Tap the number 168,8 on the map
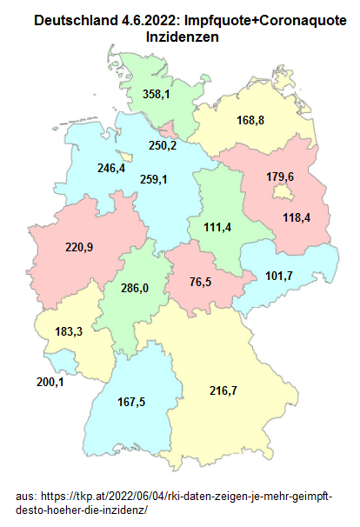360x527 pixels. [250, 120]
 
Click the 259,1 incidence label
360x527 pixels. [153, 179]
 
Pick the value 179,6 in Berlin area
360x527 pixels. [280, 177]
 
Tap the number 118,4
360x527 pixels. [297, 217]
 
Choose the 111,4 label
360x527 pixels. [218, 227]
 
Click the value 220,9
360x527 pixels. [80, 247]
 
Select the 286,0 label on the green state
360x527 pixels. [134, 288]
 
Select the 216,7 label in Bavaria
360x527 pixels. [223, 390]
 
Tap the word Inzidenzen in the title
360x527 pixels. [183, 38]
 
